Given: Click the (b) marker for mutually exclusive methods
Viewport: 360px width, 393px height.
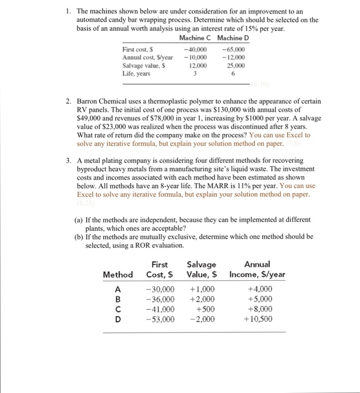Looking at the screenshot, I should click(79, 236).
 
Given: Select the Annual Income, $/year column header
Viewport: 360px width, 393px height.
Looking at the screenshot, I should click(257, 269).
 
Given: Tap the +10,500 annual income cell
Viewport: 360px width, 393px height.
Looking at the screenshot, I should click(258, 319).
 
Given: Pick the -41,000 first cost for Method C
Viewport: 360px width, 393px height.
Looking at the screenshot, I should click(160, 309).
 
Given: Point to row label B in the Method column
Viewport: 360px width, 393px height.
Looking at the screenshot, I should click(117, 299).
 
